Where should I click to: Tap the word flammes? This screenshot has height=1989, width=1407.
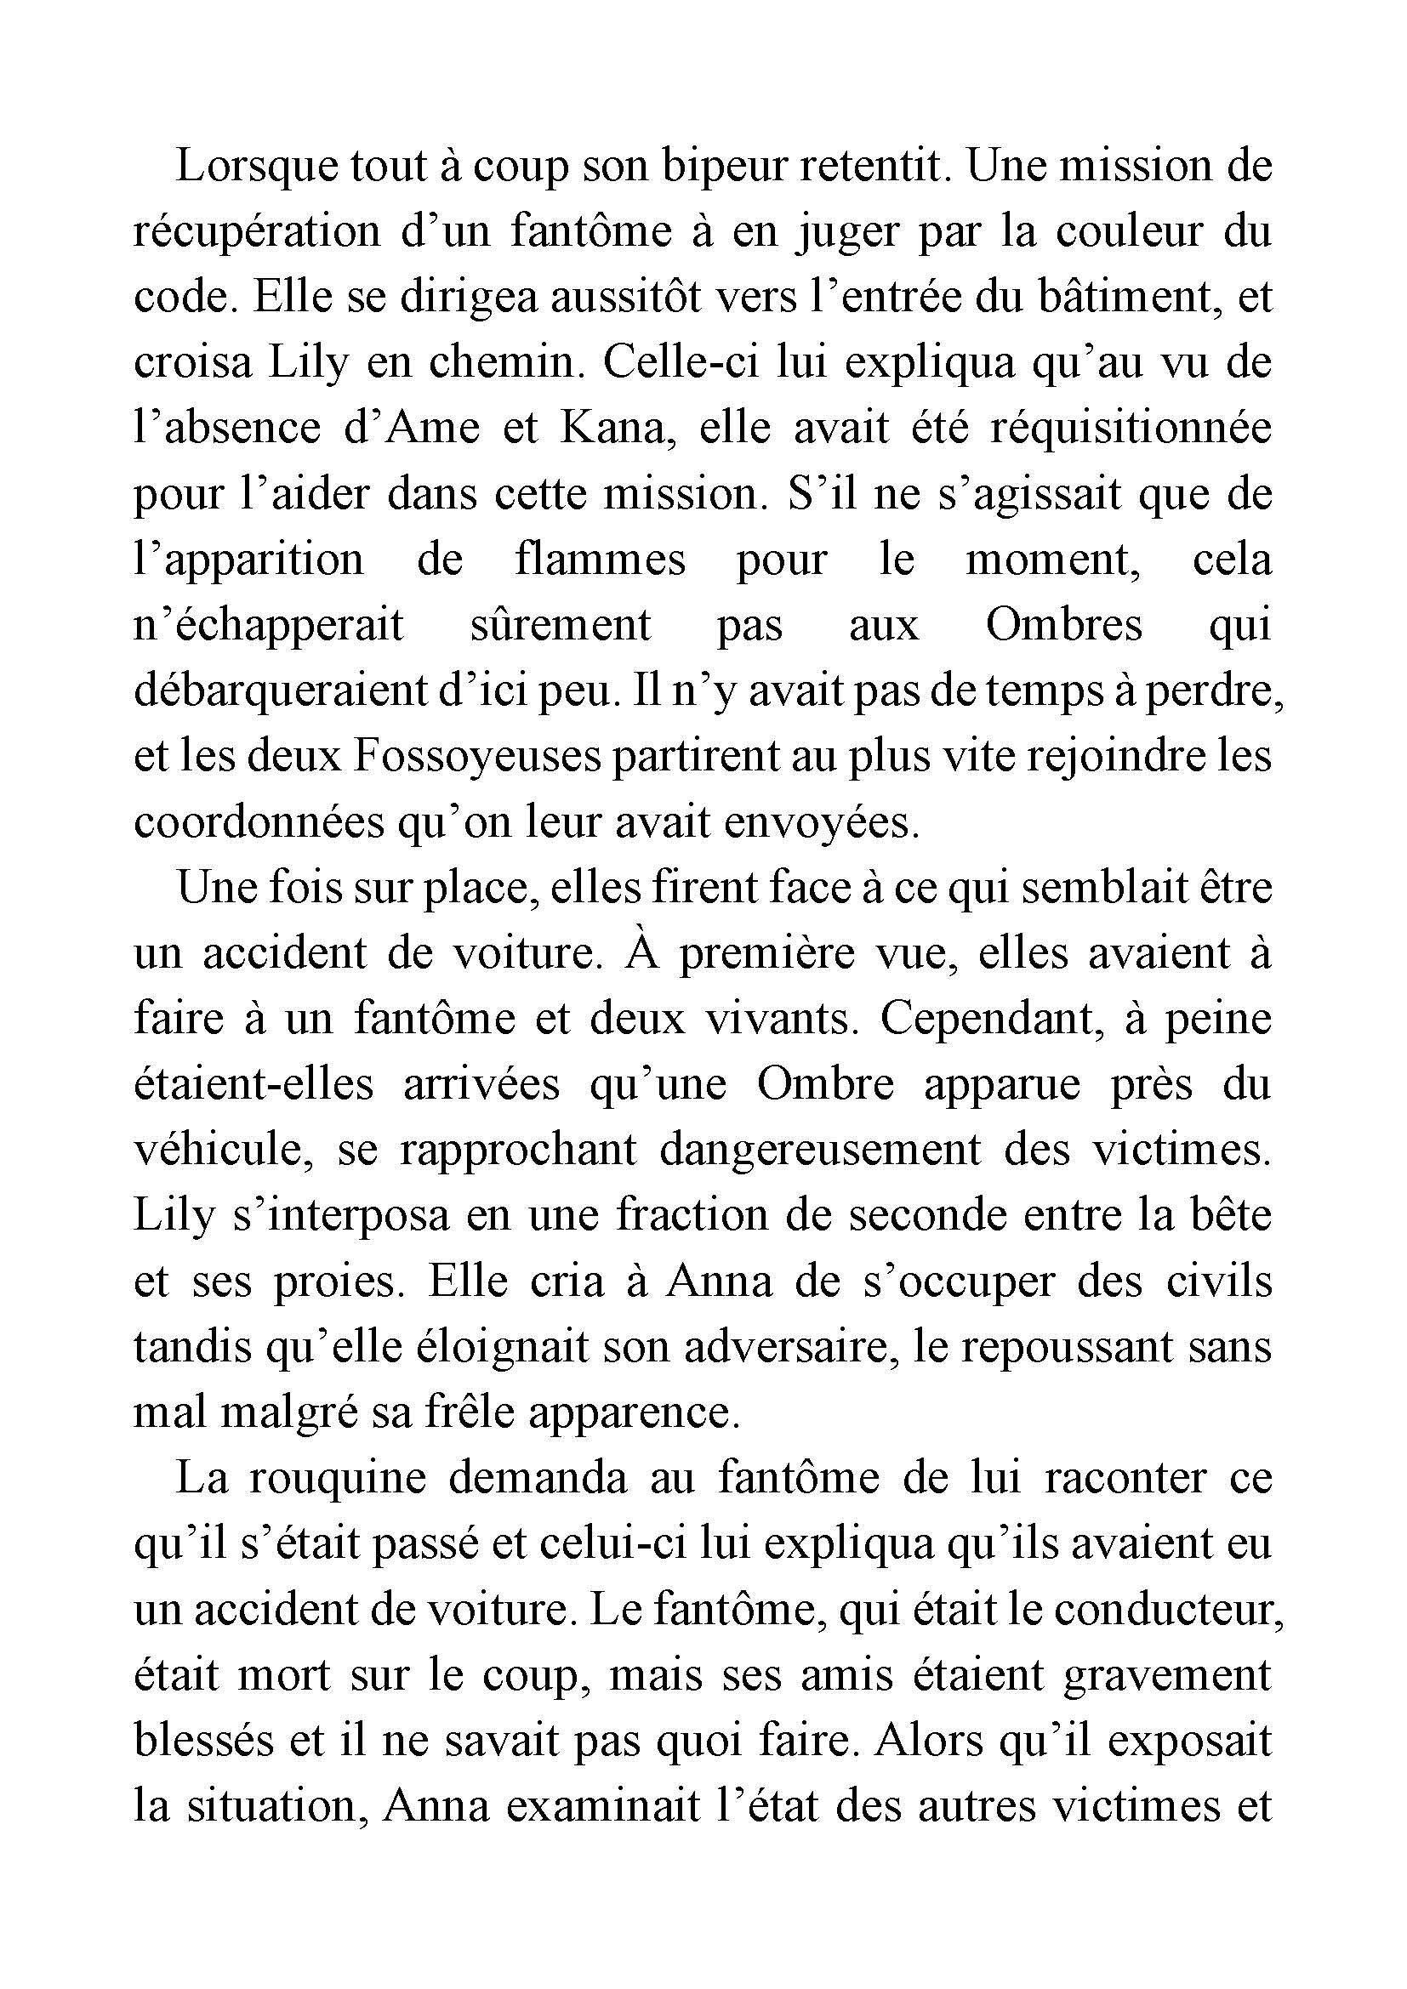[x=600, y=560]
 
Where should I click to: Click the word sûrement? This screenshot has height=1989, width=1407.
[x=561, y=626]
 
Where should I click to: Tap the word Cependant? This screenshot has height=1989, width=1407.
[x=991, y=1019]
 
